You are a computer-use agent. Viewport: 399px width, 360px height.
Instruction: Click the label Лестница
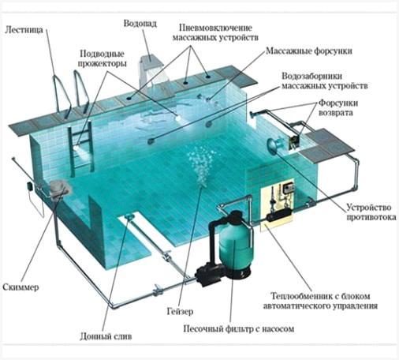24,29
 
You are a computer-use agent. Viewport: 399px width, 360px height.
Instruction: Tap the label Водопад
140,24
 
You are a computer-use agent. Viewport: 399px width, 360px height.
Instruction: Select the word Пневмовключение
215,28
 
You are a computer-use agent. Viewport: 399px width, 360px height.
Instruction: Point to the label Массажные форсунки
309,51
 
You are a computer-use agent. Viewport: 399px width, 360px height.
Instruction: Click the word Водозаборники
312,76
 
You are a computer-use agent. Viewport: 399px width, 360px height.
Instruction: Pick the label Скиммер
21,287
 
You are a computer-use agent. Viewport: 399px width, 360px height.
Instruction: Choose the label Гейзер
180,311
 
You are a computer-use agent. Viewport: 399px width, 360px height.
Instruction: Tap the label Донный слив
106,336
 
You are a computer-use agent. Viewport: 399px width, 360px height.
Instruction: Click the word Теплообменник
300,296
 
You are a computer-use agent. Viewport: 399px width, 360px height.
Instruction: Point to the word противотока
371,217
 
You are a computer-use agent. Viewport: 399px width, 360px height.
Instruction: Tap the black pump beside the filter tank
210,275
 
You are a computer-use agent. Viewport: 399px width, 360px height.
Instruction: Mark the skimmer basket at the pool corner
60,188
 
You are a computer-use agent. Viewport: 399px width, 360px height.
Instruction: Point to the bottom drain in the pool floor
129,216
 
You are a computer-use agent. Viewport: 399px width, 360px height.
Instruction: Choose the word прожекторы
103,63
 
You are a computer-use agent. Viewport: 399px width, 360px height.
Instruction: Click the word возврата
336,113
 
